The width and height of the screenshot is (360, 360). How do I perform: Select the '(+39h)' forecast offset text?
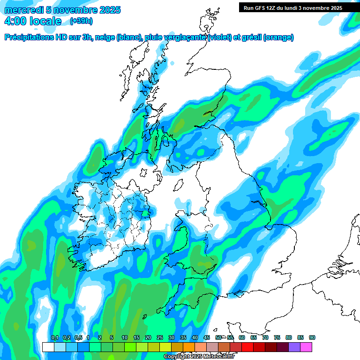(81, 21)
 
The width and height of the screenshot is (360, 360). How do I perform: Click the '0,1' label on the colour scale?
(54, 338)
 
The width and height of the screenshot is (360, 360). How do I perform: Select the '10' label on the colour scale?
(125, 338)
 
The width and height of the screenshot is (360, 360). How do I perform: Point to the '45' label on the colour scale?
(207, 338)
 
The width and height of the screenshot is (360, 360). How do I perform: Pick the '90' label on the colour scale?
(312, 338)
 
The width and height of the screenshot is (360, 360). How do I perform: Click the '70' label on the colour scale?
(265, 338)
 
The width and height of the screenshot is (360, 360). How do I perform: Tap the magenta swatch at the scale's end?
(306, 347)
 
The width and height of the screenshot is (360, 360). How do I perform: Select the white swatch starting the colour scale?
(48, 347)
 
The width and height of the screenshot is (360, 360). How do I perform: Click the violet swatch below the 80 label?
(294, 347)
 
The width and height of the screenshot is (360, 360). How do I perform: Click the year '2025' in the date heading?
(106, 10)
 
